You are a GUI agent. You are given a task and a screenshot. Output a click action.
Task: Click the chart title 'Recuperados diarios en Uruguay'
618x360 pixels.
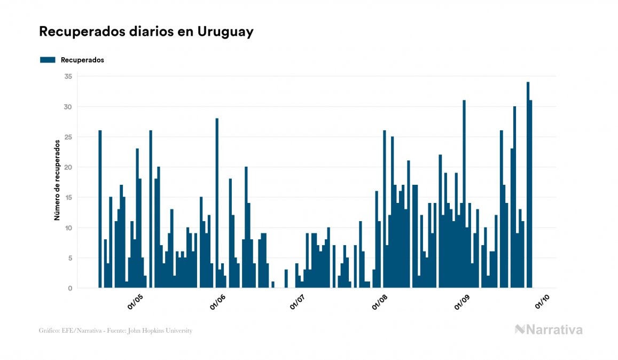pyautogui.click(x=146, y=32)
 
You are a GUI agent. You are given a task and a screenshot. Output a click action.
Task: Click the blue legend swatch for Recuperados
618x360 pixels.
pyautogui.click(x=48, y=60)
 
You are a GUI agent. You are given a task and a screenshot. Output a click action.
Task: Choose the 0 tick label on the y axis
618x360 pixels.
pyautogui.click(x=69, y=288)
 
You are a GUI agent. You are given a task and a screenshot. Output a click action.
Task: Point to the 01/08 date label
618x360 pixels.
pyautogui.click(x=380, y=302)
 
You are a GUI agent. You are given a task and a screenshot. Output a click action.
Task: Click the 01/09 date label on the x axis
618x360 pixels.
pyautogui.click(x=463, y=302)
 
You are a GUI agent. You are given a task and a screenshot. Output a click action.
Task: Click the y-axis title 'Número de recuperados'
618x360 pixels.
pyautogui.click(x=57, y=181)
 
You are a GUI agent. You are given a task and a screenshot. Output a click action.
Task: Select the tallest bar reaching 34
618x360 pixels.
pyautogui.click(x=528, y=185)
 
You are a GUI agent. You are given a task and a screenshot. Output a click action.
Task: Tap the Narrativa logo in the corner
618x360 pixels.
pyautogui.click(x=549, y=330)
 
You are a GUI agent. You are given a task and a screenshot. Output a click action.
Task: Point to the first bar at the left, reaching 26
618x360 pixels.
pyautogui.click(x=100, y=209)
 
